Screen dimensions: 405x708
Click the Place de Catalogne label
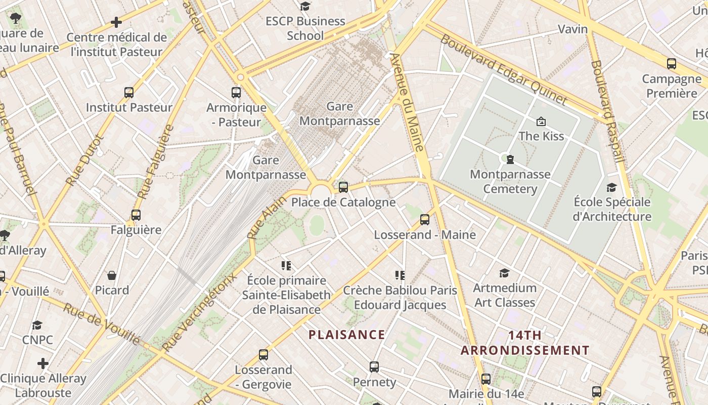coord(343,202)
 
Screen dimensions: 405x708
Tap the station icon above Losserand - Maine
coord(425,220)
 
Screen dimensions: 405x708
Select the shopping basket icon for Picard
coord(112,275)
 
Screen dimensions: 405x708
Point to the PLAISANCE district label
coord(347,335)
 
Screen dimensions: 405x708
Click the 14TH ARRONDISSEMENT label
coord(525,343)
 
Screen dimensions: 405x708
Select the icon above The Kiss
coord(541,121)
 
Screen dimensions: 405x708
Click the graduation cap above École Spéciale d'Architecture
coord(611,188)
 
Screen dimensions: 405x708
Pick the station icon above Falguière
coord(136,215)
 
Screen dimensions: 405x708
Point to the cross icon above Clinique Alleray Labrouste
coord(43,363)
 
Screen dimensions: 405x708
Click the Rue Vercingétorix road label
coord(199,312)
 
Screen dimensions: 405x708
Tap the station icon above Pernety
coord(374,367)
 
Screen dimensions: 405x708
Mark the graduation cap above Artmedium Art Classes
coord(504,273)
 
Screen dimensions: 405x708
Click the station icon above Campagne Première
coord(672,64)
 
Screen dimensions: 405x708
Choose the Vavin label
coord(572,29)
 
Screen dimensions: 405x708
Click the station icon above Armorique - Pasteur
coord(236,93)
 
